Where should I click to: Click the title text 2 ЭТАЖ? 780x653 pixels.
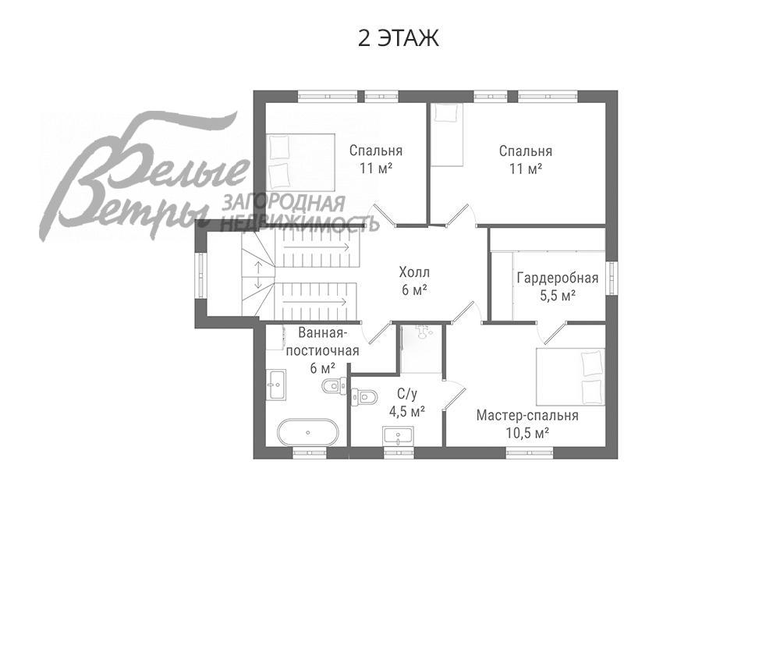pos(398,38)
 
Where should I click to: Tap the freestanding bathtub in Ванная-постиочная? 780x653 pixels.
pos(308,431)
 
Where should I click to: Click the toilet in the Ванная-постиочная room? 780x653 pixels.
pos(335,384)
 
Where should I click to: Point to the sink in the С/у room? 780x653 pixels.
pos(398,436)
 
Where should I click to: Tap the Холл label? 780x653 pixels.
pos(414,273)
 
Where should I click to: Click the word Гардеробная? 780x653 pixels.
pos(557,279)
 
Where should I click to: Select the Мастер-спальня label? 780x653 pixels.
pos(527,416)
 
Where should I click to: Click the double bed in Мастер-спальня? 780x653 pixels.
pos(570,376)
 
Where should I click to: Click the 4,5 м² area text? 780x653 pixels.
pos(406,410)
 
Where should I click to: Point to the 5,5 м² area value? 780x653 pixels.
pos(558,296)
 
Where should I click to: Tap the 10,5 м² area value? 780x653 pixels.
pos(527,433)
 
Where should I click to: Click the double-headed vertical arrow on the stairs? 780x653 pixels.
pos(257,274)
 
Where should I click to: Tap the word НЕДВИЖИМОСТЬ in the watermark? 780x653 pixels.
pos(300,224)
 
